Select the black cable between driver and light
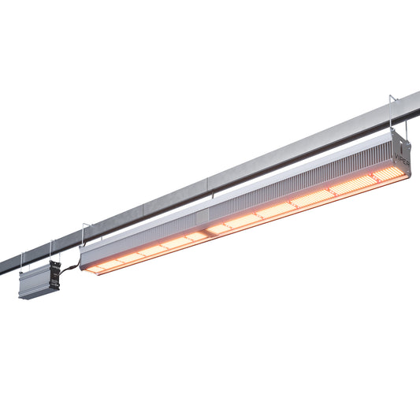tap(69, 266)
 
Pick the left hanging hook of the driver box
tap(23, 261)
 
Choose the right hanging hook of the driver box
tap(51, 250)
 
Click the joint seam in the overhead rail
tap(144, 209)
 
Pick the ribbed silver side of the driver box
tap(34, 283)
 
